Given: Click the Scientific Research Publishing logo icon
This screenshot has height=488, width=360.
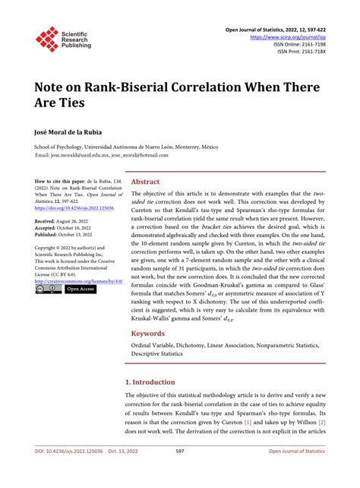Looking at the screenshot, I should pos(46,39).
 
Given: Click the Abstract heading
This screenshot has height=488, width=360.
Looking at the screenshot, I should pos(146,182).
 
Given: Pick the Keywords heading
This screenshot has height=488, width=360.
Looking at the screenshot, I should pos(148,333).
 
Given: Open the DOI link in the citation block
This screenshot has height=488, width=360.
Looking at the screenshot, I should pos(74,208).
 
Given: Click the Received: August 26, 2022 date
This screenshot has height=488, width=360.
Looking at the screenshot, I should pos(67,220).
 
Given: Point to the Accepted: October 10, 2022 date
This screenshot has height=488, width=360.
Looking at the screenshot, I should pos(68,227).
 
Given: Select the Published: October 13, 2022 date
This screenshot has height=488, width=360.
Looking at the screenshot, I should pos(68,234).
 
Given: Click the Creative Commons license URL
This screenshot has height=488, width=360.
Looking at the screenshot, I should pos(77,282).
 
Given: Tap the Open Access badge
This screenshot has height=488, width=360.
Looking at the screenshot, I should pos(81,290).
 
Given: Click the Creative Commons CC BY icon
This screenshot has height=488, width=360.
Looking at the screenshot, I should pos(48,290).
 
